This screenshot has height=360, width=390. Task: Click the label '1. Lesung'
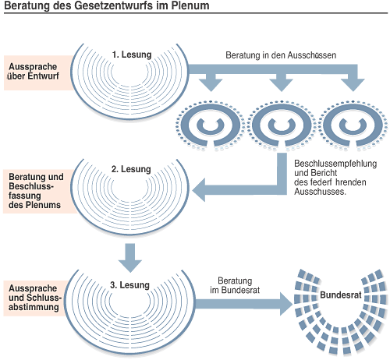[132, 55]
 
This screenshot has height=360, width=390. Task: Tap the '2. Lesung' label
[131, 169]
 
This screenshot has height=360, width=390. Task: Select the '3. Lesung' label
[129, 285]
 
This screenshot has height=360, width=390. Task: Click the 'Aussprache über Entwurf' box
[37, 72]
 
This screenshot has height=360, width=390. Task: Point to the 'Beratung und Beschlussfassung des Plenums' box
[39, 191]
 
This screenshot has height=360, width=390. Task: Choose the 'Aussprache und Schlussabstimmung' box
[35, 298]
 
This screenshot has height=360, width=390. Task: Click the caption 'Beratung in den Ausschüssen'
[281, 55]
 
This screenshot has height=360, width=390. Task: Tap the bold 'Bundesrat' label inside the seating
[341, 295]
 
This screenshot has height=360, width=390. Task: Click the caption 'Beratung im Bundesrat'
[235, 285]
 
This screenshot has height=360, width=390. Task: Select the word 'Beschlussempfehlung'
[335, 164]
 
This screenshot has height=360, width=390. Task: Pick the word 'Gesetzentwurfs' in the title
[113, 5]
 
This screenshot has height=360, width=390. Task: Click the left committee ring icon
[210, 125]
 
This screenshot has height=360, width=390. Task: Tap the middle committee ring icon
[282, 125]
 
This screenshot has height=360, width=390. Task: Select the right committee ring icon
[353, 125]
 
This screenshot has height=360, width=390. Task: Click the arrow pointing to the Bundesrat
[244, 304]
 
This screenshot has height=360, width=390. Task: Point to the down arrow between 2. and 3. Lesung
[130, 258]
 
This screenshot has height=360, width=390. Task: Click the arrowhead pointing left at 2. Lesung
[199, 190]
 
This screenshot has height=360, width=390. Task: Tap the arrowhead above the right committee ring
[353, 85]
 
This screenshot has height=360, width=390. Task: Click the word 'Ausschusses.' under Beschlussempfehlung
[320, 192]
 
